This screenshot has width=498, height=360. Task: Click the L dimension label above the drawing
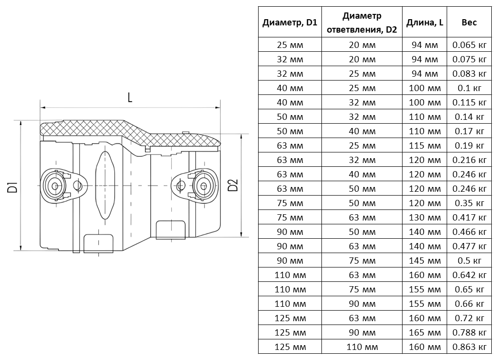[130, 97]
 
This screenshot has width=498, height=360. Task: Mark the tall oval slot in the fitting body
[105, 185]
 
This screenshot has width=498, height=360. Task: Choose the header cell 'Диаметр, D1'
[290, 23]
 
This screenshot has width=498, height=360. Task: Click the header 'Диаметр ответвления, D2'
[362, 23]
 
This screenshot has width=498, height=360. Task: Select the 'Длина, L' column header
[425, 23]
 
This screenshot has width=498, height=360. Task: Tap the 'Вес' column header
[469, 23]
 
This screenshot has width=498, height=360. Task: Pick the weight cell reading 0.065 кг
[469, 45]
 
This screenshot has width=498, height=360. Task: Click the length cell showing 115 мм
[425, 146]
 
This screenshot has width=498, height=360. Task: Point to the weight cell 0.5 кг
[469, 261]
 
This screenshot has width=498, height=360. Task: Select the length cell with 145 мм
[425, 261]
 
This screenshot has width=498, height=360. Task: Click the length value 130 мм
[425, 218]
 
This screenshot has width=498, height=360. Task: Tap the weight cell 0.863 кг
[469, 347]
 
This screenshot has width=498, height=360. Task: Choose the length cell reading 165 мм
[425, 333]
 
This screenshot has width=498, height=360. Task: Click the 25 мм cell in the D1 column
[290, 45]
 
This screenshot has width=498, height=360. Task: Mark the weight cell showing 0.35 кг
[469, 203]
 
